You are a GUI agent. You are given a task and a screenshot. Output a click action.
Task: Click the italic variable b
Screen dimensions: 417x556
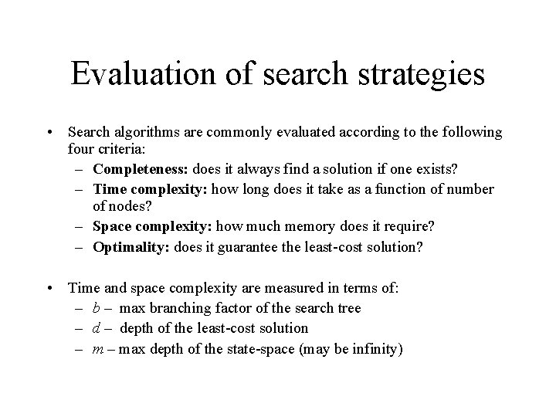click(96, 308)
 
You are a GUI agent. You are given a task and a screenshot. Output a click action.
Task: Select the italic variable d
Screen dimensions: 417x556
click(96, 328)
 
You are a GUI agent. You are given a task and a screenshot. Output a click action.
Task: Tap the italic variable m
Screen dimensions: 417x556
click(97, 348)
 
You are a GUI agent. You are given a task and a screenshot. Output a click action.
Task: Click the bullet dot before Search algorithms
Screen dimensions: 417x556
click(50, 133)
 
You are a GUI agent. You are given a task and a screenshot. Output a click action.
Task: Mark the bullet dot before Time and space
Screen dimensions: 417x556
click(50, 289)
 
